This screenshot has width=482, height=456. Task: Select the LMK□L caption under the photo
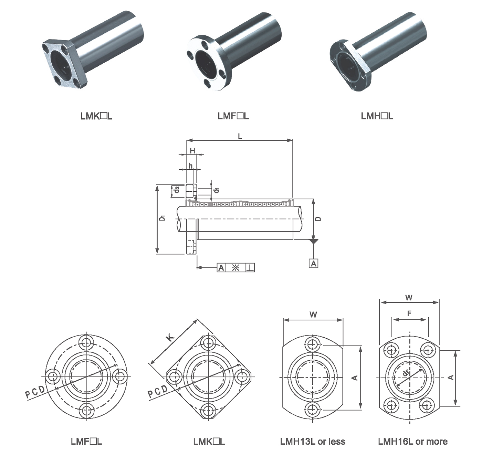[x=96, y=116]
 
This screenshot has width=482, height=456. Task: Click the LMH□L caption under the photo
[x=377, y=116]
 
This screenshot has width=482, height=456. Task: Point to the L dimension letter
[x=240, y=136]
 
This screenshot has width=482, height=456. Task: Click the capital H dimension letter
[x=192, y=150]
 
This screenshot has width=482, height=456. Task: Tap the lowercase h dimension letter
[x=190, y=166]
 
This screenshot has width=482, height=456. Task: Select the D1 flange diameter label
[x=162, y=218]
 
